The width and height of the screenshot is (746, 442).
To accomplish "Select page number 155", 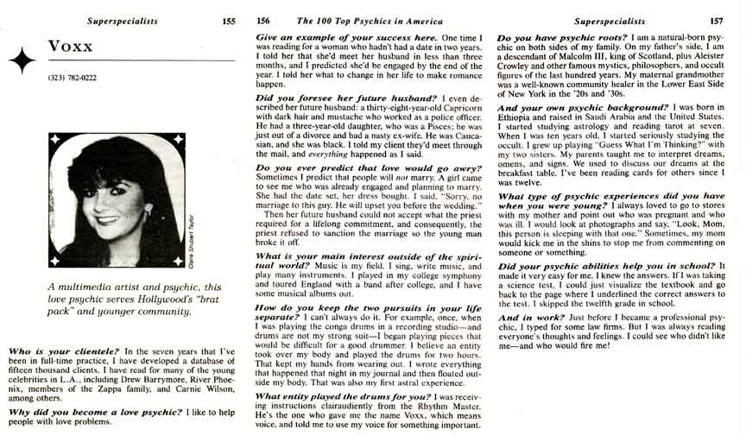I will click(229, 21).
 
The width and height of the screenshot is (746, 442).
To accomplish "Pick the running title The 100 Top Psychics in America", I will click(364, 21).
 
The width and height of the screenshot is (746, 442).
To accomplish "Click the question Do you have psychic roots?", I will click(563, 38).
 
